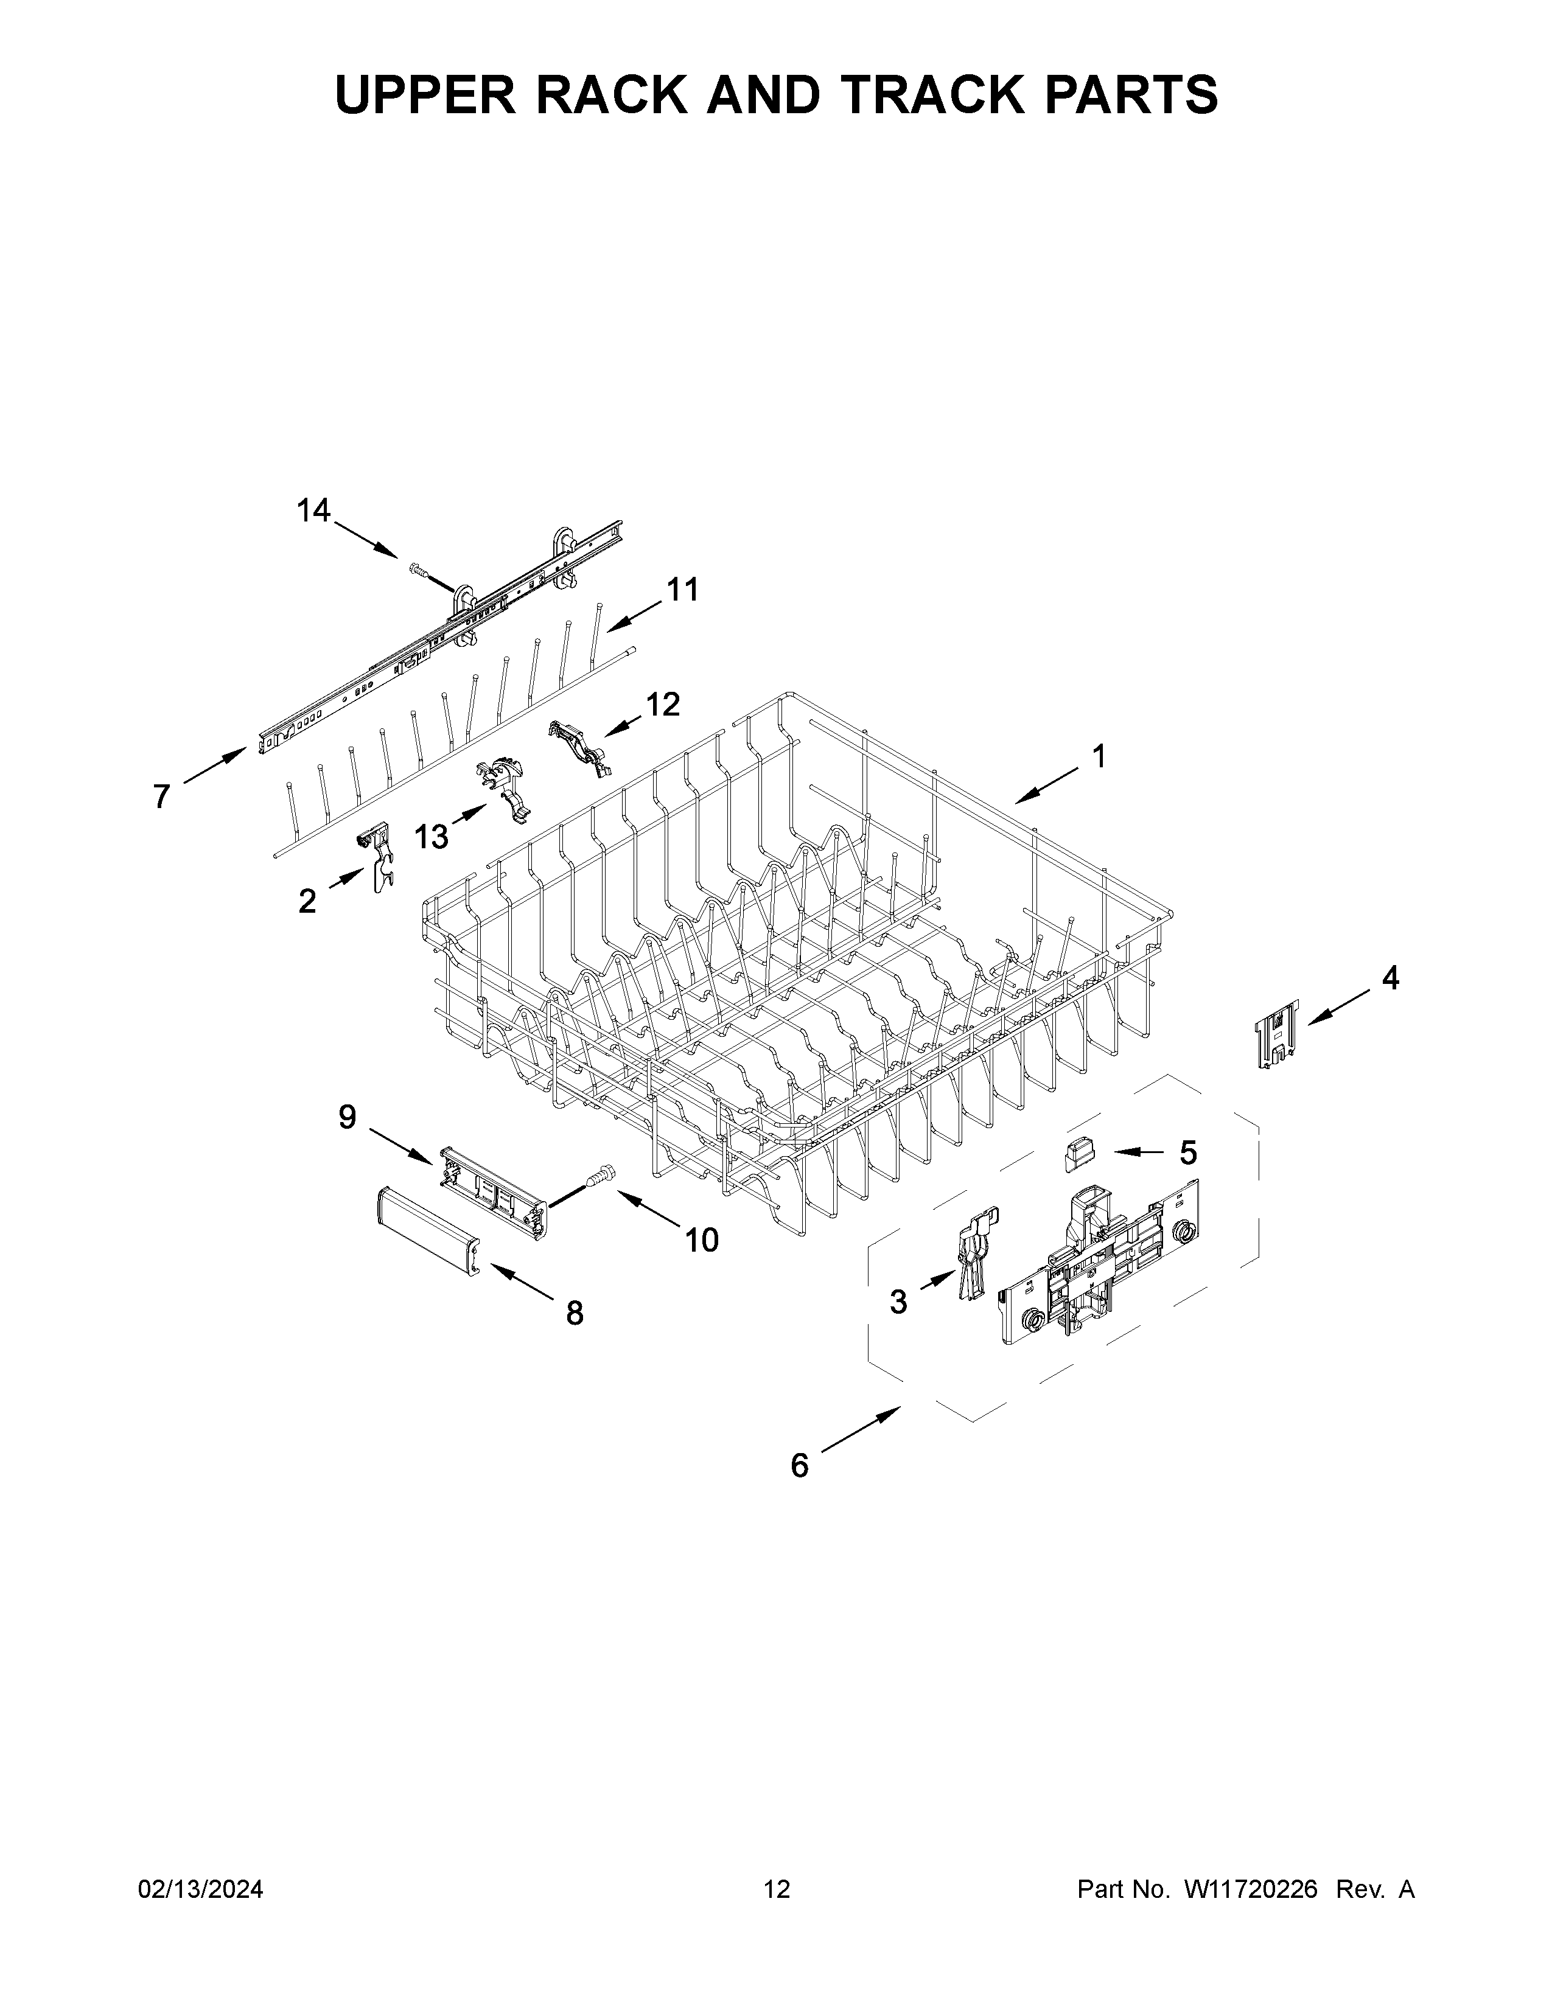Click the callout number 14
(x=313, y=511)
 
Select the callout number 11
(x=682, y=590)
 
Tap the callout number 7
(x=162, y=797)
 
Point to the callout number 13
(x=430, y=837)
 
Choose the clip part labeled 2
(x=376, y=858)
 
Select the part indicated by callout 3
(x=974, y=1257)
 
